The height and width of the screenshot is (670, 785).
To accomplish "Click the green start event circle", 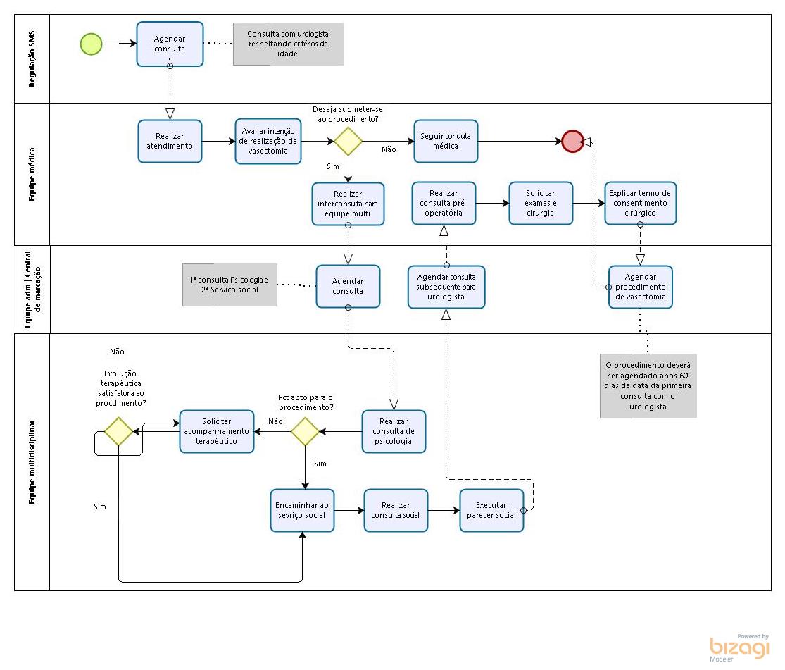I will point(91,44).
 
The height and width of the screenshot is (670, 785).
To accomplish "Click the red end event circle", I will point(572,141).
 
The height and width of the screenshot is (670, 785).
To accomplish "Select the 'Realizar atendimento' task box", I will point(170,141).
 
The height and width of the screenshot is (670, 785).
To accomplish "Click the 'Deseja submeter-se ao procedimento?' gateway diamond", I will point(348,141).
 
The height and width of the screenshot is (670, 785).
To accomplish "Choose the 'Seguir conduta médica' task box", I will point(446,141).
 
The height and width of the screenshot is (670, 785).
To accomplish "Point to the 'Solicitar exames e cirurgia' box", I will point(541,203).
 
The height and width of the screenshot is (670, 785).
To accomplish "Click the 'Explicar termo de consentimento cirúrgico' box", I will point(640,203).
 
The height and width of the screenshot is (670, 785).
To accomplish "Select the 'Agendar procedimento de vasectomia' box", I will point(640,287).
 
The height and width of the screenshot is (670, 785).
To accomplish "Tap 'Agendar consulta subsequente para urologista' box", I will point(446,287).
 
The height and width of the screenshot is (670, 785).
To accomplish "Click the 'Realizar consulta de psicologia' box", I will point(394,431).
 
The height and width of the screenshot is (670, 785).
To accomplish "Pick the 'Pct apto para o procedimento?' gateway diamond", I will point(306,431).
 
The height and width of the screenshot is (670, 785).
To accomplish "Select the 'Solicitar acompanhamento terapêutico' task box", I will point(217,431).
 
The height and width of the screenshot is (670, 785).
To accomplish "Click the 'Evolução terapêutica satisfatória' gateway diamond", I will point(118,431).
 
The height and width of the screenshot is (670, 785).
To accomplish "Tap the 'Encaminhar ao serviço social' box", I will point(302,510).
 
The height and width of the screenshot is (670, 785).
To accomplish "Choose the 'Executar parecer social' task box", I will point(491,510).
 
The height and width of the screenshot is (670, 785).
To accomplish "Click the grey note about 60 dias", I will point(648,386).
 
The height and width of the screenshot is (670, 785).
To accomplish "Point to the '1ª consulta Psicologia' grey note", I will point(230,285).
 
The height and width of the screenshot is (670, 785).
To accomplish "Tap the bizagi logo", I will point(739,647).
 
